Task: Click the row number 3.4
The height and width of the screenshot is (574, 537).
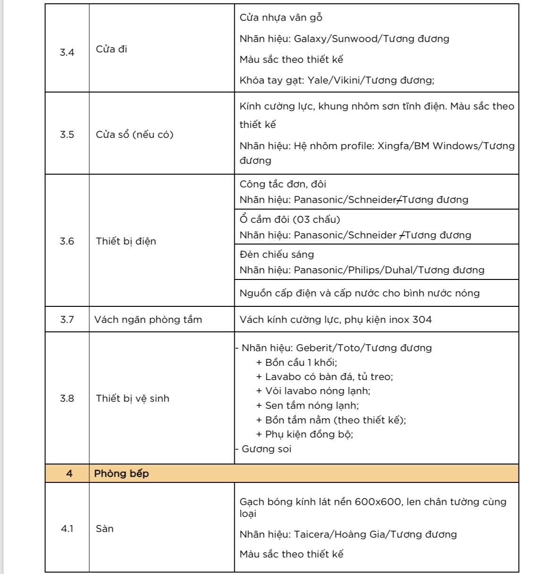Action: tap(67, 52)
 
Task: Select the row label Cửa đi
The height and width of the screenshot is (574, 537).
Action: tap(111, 50)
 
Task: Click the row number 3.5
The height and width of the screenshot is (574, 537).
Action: tap(67, 135)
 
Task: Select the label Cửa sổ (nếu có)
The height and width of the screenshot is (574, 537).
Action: tap(135, 135)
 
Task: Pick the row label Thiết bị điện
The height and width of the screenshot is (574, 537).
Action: tap(126, 241)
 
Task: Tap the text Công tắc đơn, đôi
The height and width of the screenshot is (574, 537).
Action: tap(282, 184)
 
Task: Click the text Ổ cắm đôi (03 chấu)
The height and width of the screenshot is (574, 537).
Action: tap(290, 219)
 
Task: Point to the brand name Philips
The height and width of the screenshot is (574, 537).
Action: tap(364, 270)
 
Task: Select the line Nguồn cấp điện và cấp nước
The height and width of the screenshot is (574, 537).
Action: tap(359, 293)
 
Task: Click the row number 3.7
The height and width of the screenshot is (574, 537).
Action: tap(67, 320)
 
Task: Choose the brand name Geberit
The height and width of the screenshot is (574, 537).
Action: tap(314, 348)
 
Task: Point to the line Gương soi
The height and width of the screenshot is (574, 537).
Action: tap(266, 449)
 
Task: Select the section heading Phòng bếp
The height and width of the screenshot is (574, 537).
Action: tap(121, 473)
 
